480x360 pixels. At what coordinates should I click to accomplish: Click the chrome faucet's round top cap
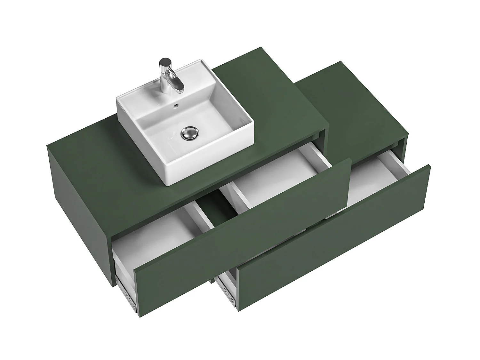click(165, 61)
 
